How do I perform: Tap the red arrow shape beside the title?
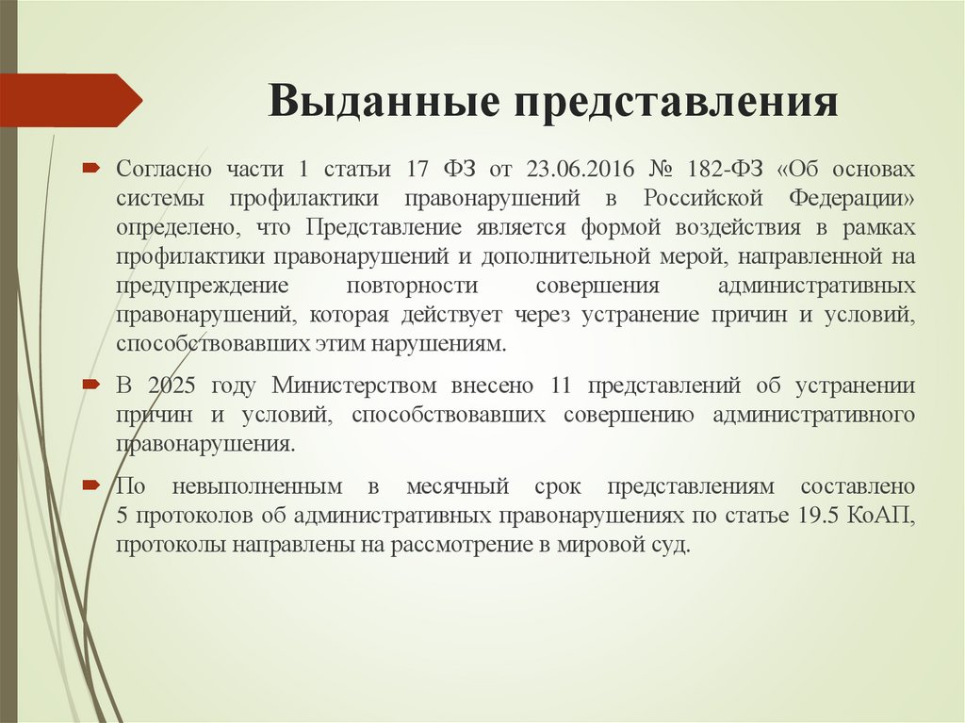coord(71,100)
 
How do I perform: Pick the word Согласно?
coord(164,170)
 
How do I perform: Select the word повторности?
coord(412,286)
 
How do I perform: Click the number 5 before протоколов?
coord(123,517)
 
